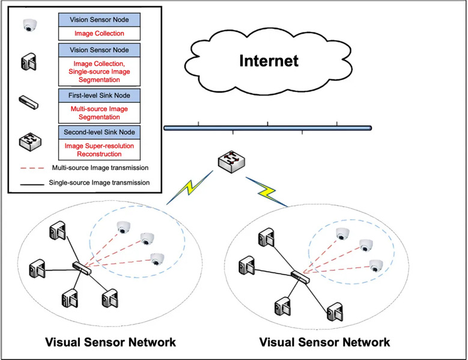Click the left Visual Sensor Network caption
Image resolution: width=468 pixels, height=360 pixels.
pyautogui.click(x=111, y=342)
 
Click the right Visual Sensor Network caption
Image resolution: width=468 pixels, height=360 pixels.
pyautogui.click(x=324, y=342)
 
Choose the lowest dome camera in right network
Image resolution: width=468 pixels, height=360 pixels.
pyautogui.click(x=375, y=264)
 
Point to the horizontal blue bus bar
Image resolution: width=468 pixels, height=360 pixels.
pyautogui.click(x=267, y=127)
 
